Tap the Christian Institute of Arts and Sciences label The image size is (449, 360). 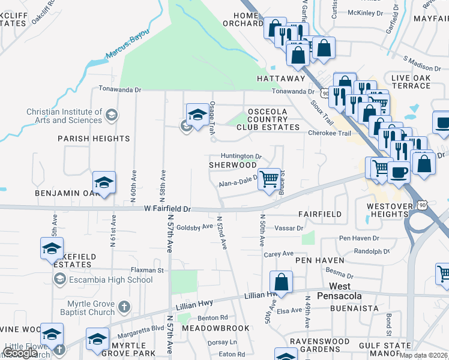pyautogui.click(x=64, y=116)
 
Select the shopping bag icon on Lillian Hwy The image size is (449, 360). pyautogui.click(x=280, y=281)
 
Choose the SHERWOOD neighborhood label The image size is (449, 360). pyautogui.click(x=232, y=164)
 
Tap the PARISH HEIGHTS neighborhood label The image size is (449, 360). pyautogui.click(x=94, y=139)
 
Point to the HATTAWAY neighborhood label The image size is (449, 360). pyautogui.click(x=281, y=79)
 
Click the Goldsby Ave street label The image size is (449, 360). pyautogui.click(x=194, y=227)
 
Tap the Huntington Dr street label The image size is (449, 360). pyautogui.click(x=241, y=155)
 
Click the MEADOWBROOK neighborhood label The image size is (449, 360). pyautogui.click(x=207, y=328)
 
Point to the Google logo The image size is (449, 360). pyautogui.click(x=20, y=353)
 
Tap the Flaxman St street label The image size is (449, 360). pyautogui.click(x=148, y=271)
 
